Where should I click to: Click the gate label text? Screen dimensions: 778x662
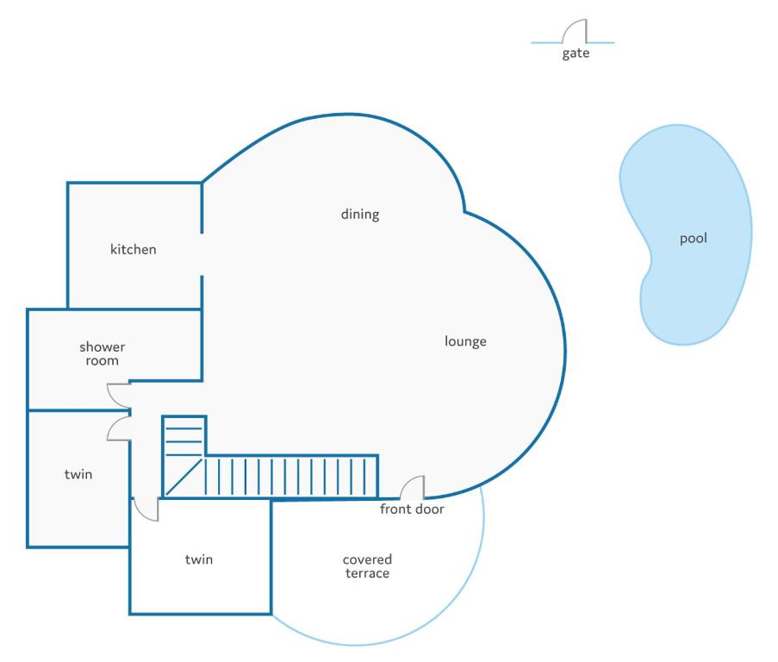point(576,53)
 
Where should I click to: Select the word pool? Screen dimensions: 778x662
point(694,239)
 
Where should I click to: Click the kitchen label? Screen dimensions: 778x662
point(133,249)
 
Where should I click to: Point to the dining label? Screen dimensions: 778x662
point(360,215)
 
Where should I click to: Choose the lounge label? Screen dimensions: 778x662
point(465,341)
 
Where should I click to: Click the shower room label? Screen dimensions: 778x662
point(103,353)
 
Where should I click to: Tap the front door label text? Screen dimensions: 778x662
point(412,509)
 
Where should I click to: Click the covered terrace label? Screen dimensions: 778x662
point(367,566)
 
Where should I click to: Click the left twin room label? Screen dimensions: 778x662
point(78,474)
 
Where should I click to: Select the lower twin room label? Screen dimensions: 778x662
point(199,559)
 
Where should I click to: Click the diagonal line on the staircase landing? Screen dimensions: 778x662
point(184,477)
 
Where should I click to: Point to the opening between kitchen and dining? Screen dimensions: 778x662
point(202,254)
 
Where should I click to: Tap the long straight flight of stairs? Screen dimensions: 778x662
point(290,477)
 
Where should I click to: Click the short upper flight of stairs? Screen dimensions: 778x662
point(184,436)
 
